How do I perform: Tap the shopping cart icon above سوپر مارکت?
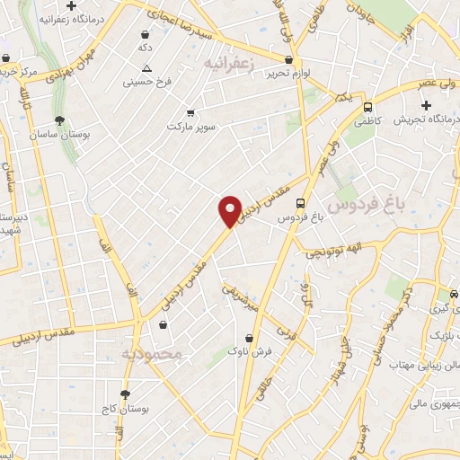click(x=190, y=113)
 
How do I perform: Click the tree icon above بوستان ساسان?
click(x=59, y=119)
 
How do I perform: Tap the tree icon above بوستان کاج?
click(x=125, y=394)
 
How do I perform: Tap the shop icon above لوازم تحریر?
click(x=287, y=60)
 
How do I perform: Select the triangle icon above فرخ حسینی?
click(x=146, y=68)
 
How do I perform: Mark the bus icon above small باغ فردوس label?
click(x=301, y=203)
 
